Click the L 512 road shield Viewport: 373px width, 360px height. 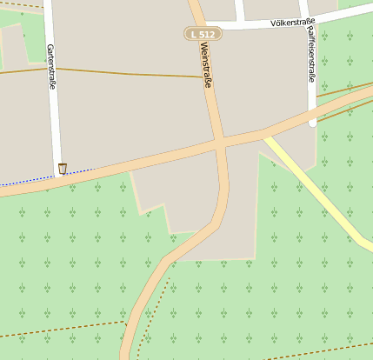(x=203, y=34)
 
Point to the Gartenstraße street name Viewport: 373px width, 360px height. (x=51, y=68)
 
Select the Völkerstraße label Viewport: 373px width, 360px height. (x=292, y=21)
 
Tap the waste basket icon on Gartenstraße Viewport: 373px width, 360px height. (x=62, y=168)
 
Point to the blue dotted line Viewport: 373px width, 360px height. (x=35, y=179)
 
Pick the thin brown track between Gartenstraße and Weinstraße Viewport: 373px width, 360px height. (x=130, y=73)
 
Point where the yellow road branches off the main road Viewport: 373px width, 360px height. (x=264, y=135)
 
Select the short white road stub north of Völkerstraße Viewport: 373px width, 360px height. (x=240, y=10)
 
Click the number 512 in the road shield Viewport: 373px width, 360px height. (x=206, y=34)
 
